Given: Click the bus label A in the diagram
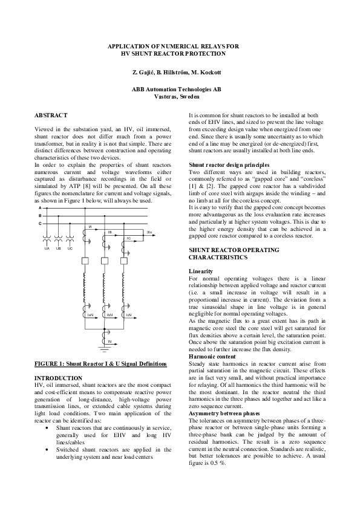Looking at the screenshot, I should [x=40, y=208].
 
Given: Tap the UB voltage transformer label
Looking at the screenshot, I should [x=59, y=248].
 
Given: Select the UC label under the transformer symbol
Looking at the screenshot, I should [x=70, y=248].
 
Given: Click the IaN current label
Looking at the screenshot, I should [x=90, y=316].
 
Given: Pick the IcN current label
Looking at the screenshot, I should [x=129, y=316].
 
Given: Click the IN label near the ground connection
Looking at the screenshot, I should [x=110, y=342].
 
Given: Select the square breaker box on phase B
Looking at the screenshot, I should [x=105, y=261].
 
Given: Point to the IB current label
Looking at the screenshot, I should [x=110, y=232].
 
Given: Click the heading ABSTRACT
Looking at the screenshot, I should [x=51, y=115].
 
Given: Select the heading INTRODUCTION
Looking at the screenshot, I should [x=59, y=377].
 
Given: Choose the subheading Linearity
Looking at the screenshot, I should [x=201, y=270].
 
